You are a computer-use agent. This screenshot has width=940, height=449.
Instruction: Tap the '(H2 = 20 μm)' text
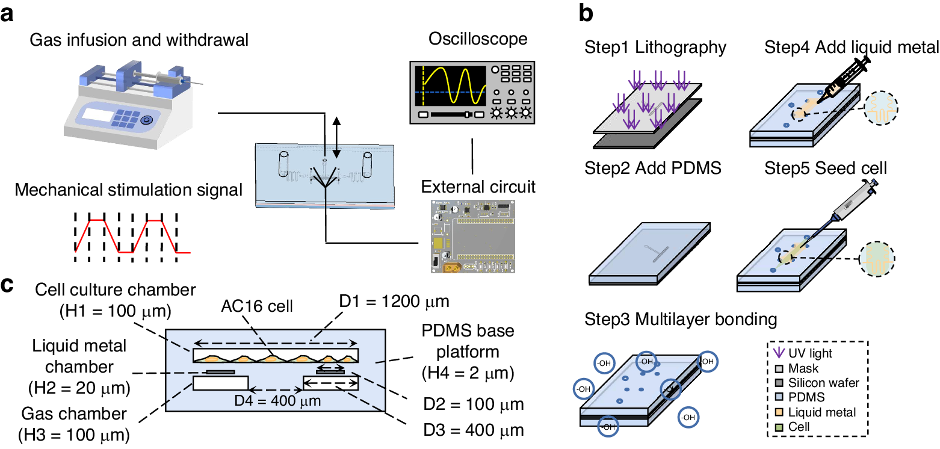(79, 388)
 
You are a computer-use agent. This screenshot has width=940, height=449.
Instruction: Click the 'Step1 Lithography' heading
(655, 47)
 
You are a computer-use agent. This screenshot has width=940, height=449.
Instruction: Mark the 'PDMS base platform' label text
(468, 341)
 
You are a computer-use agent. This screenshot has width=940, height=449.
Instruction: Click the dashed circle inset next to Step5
(877, 258)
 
